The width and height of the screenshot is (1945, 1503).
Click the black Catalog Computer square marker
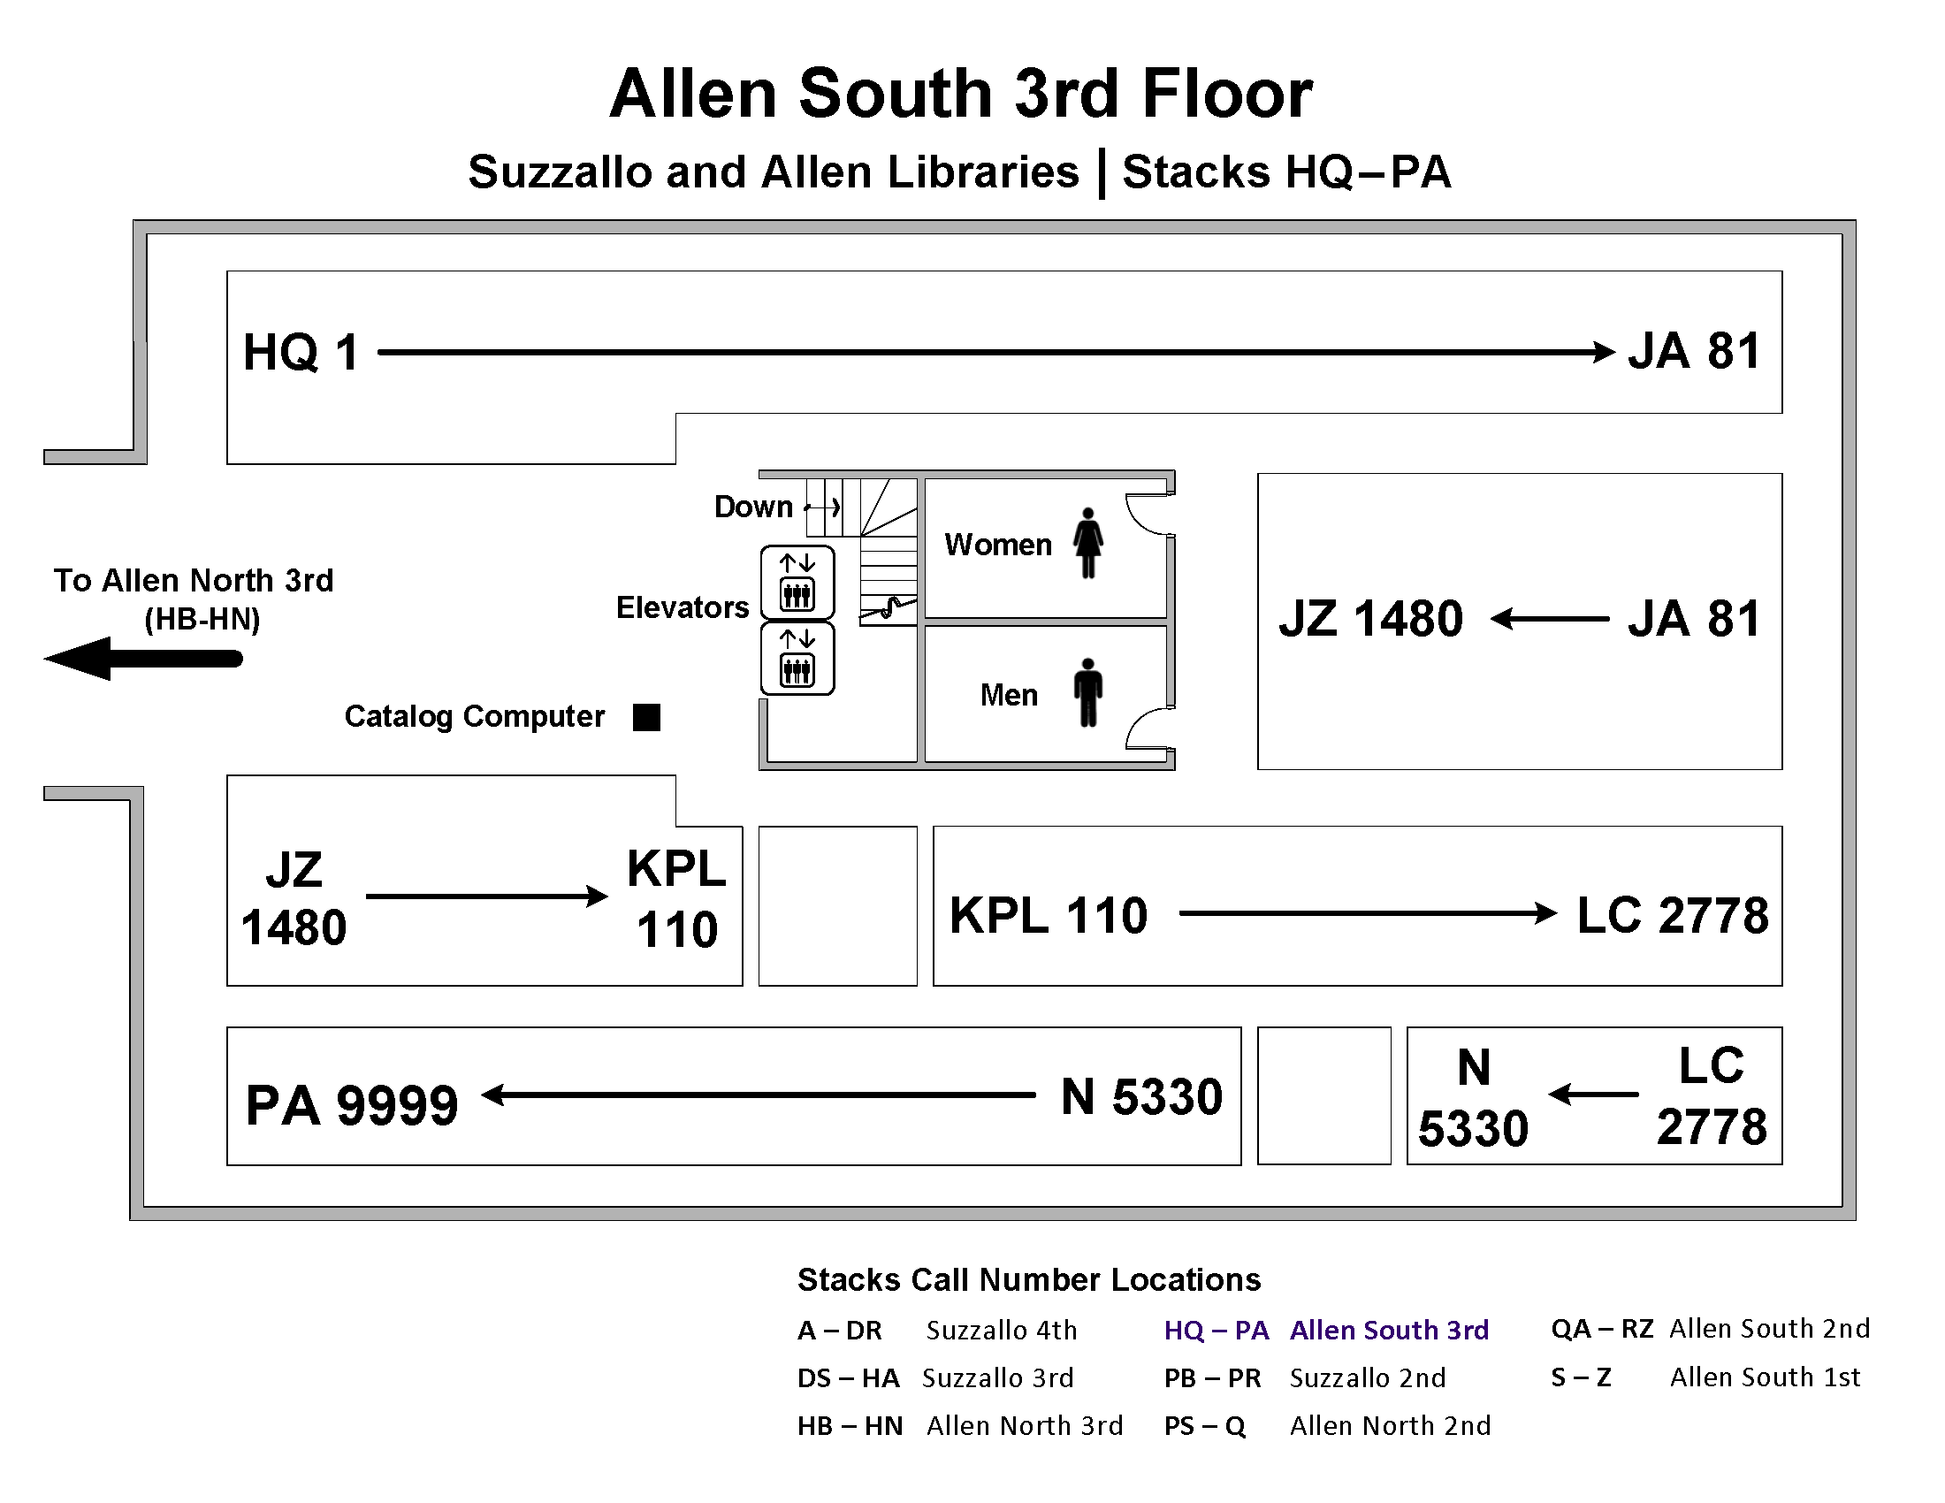point(646,717)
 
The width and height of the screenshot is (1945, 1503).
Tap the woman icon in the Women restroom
point(1087,543)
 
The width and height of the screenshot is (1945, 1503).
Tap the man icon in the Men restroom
point(1087,693)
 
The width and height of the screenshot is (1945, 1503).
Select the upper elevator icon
point(797,584)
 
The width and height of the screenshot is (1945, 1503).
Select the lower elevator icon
point(797,659)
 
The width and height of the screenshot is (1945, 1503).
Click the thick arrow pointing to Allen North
point(142,659)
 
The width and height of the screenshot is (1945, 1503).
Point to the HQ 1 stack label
point(301,352)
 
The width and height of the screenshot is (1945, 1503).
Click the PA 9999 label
point(352,1105)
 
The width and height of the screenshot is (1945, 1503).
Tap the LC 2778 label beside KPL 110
point(1672,915)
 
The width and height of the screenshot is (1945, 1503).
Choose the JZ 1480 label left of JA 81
point(1370,618)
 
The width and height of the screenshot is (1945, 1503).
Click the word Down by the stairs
point(753,507)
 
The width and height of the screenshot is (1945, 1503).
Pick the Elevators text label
point(683,607)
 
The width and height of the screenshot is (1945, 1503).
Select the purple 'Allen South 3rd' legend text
point(1388,1330)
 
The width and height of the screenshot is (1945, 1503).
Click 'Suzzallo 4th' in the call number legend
point(1001,1330)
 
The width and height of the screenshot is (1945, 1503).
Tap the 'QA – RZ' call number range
point(1601,1329)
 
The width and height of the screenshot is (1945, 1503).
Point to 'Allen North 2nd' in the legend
point(1389,1425)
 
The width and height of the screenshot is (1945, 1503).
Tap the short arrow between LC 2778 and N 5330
point(1592,1094)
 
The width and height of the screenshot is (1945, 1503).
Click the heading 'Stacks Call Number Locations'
point(1028,1279)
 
